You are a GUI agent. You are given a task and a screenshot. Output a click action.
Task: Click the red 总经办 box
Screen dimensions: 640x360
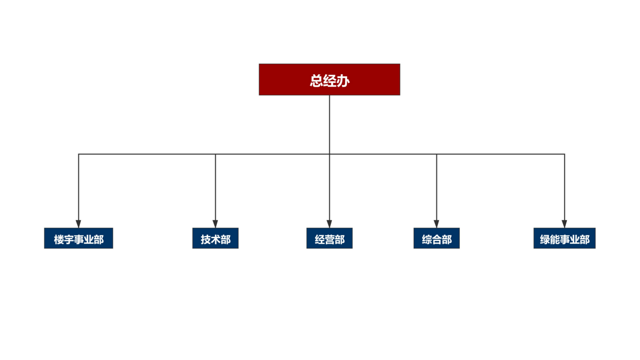[329, 79]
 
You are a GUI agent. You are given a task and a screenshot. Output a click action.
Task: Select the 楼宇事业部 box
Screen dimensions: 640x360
[79, 238]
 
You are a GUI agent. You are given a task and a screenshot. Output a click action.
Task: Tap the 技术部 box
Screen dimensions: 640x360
[215, 238]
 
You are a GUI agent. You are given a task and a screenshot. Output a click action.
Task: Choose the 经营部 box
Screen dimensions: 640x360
[329, 238]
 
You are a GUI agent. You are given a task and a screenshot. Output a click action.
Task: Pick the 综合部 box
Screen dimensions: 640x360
[436, 238]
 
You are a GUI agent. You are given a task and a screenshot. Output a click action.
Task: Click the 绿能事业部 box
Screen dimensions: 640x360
[565, 238]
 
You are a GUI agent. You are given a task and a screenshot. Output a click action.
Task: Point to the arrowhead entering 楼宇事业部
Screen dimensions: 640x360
[79, 224]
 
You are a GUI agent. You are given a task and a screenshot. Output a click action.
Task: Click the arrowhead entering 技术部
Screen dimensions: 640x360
[215, 224]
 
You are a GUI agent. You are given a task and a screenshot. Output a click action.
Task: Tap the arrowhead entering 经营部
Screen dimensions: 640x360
[329, 224]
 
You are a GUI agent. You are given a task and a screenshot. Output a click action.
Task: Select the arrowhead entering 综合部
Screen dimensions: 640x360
[436, 224]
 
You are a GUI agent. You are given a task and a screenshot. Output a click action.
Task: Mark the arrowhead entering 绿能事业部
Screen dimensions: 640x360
[565, 224]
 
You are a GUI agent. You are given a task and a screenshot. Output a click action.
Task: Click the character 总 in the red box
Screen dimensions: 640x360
[316, 81]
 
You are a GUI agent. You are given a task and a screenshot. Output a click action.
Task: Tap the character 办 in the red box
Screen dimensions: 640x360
[343, 81]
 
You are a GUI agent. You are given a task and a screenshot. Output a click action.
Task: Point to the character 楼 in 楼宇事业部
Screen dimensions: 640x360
[59, 239]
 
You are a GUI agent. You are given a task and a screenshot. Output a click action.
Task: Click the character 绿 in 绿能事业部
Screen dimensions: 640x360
[545, 239]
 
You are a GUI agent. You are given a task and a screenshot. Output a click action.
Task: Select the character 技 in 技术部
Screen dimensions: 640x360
[206, 239]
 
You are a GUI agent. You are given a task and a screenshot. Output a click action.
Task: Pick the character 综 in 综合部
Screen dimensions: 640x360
[427, 239]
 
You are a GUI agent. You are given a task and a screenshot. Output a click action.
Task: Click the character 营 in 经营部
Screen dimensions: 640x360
[330, 239]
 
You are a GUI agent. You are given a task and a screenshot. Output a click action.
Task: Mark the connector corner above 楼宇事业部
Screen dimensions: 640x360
[79, 154]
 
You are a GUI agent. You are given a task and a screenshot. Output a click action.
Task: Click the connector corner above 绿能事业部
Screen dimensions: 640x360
[565, 154]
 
